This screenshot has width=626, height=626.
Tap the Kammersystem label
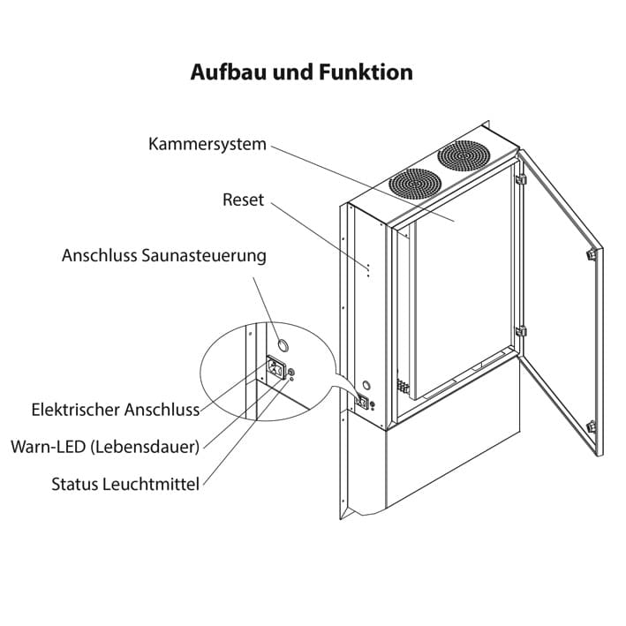tap(207, 144)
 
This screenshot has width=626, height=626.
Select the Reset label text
tap(243, 200)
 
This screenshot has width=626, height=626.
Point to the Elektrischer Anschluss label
tap(115, 410)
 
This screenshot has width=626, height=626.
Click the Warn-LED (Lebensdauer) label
tap(105, 447)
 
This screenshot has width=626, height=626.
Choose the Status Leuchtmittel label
tap(125, 484)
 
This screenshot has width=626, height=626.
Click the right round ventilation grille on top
tap(463, 158)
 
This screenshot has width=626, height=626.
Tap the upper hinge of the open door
tap(521, 180)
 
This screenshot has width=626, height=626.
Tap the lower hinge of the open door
tap(521, 332)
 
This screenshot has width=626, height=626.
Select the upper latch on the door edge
tap(589, 254)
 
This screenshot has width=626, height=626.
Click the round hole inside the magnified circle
tap(283, 343)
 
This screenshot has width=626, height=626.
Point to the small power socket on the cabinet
tap(362, 402)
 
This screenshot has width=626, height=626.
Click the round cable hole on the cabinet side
tap(365, 385)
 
